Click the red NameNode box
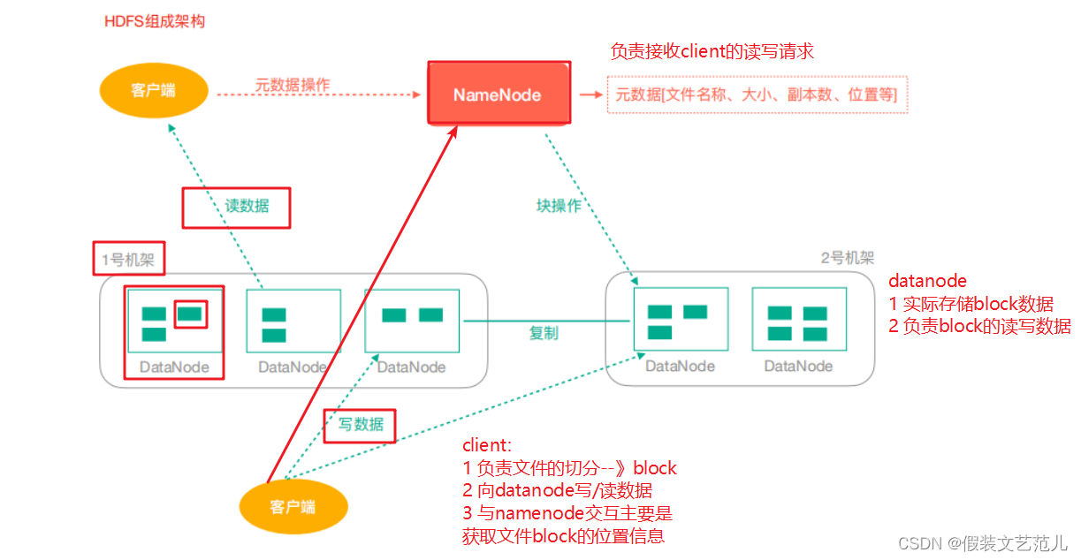tap(498, 93)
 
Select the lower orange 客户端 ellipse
tap(293, 506)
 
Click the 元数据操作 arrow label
tap(293, 85)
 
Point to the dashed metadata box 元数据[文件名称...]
tap(757, 94)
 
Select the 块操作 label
tap(559, 205)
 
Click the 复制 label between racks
tap(544, 333)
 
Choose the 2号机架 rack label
tap(847, 258)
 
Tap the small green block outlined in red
tap(190, 313)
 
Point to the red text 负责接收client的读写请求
tap(712, 52)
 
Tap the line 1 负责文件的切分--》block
tap(570, 468)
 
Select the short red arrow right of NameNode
tap(588, 93)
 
